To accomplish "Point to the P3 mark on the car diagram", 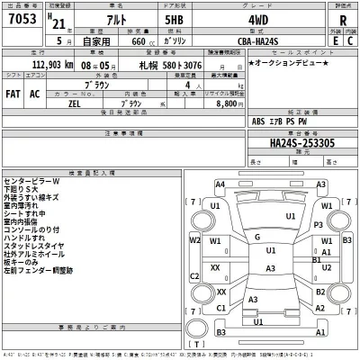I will click(319, 225).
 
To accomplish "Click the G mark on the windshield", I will click(257, 238).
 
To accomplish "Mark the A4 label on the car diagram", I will click(220, 184).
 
